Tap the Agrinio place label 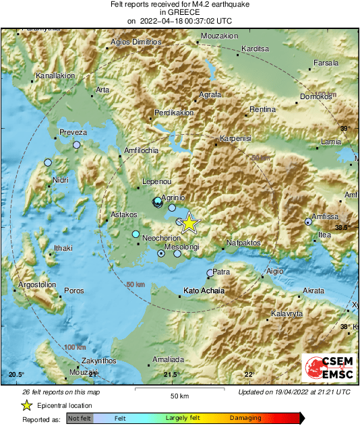click(x=173, y=197)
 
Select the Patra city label click(x=222, y=272)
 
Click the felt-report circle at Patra click(x=209, y=273)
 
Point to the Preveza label click(x=73, y=133)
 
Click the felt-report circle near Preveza click(x=77, y=145)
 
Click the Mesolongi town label click(x=182, y=247)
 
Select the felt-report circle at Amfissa click(x=308, y=221)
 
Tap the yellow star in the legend click(x=26, y=405)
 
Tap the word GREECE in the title click(x=179, y=12)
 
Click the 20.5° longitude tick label click(x=16, y=375)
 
